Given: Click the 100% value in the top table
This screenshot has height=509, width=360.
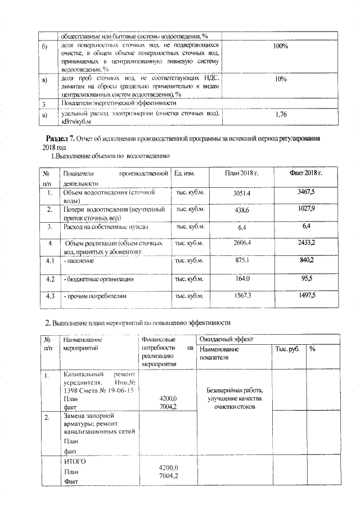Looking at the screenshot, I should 281,46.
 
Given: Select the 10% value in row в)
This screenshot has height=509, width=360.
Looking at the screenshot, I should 281,80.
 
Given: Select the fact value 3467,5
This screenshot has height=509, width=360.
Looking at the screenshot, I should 306,192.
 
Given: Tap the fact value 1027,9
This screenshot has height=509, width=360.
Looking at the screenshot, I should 306,209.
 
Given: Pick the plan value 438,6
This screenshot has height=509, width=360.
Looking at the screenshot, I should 242,210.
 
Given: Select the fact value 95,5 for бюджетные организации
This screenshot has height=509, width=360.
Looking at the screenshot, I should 306,278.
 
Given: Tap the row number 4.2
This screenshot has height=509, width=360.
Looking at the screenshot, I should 49,279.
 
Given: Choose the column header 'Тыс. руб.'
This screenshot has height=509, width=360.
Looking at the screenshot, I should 287,349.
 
